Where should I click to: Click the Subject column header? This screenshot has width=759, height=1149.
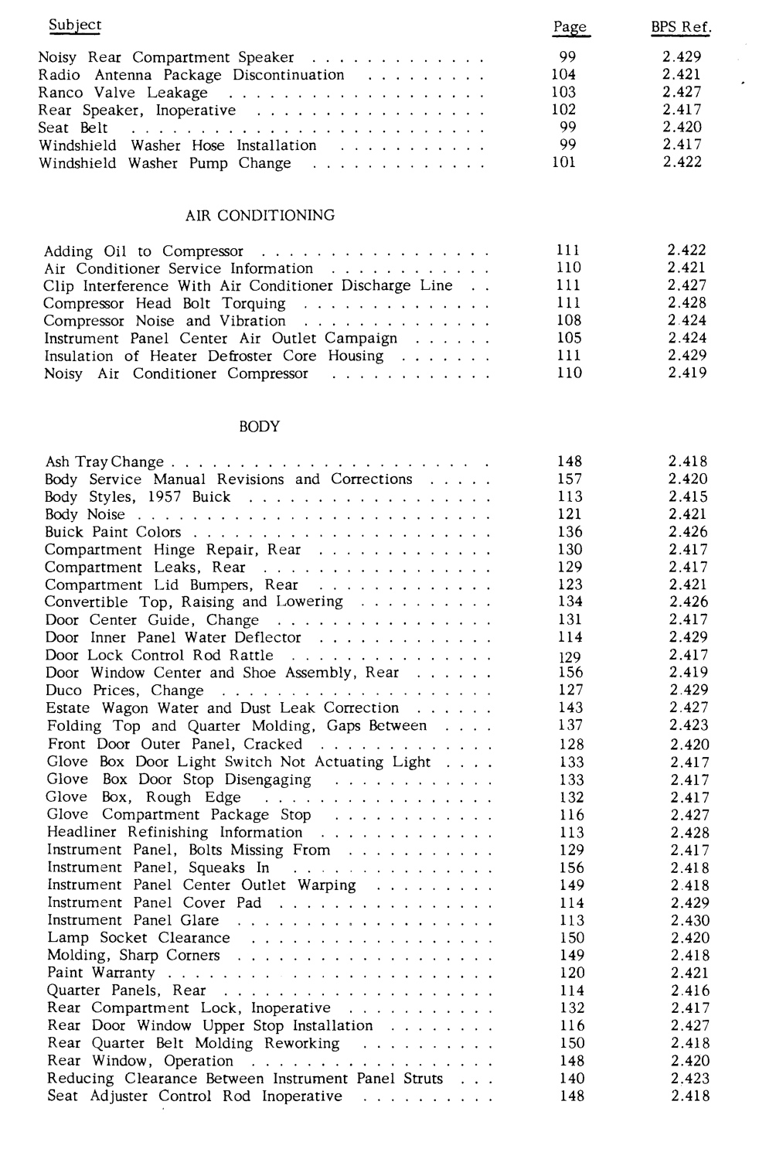tap(74, 25)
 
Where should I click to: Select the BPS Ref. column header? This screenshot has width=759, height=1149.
tap(680, 28)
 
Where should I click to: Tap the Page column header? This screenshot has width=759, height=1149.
tap(570, 28)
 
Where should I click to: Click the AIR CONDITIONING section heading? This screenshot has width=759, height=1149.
tap(260, 216)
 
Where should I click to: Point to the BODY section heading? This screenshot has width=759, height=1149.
tap(260, 427)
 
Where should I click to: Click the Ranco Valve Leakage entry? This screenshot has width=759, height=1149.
tap(123, 93)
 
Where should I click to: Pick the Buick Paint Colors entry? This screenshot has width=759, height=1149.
tap(113, 532)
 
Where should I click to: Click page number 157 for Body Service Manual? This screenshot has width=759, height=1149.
tap(570, 479)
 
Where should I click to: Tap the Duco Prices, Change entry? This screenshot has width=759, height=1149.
tap(124, 690)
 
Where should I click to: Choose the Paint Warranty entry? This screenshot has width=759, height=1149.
tap(100, 973)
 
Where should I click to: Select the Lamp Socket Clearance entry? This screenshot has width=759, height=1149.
tap(138, 938)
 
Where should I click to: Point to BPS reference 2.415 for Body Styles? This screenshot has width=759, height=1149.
tap(688, 497)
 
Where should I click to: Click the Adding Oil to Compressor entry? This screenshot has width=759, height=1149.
tap(144, 251)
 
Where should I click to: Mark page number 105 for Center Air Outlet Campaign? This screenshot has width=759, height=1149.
tap(569, 338)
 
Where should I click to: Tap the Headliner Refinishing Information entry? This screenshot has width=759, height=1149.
tap(175, 833)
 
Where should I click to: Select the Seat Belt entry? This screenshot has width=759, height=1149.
tap(73, 128)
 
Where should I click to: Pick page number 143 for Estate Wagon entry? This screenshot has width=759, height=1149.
tap(570, 708)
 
